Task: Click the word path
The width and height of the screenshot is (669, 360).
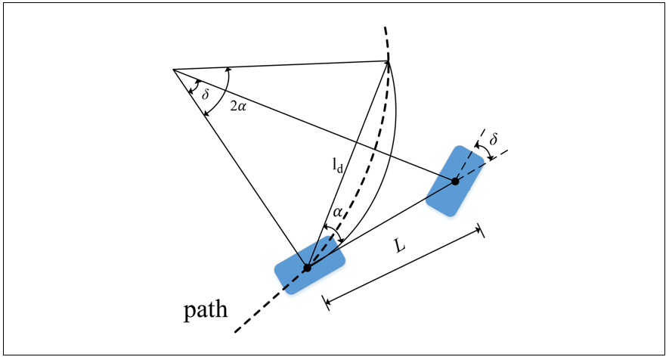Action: tap(206, 309)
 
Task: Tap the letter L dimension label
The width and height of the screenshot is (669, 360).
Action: tap(399, 246)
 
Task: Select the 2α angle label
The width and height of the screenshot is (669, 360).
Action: tap(238, 107)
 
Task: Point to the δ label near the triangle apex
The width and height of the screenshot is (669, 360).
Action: tap(205, 95)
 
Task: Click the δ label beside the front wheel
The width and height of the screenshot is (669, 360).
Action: tap(493, 139)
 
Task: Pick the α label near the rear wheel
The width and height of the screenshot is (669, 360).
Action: tap(337, 213)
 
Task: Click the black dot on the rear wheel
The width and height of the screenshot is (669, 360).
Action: tap(307, 268)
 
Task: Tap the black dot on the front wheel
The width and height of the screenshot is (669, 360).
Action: tap(455, 181)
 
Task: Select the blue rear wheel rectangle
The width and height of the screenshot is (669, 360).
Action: tap(309, 265)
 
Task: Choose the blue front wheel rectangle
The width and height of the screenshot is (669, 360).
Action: tap(455, 181)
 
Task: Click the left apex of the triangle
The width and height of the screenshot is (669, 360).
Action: tap(173, 69)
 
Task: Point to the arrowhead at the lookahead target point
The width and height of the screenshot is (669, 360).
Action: tap(388, 63)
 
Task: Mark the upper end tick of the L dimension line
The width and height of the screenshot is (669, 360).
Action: tap(482, 230)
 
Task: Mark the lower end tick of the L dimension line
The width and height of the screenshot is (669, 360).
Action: tap(326, 303)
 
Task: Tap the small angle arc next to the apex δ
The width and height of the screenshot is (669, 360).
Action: tap(193, 87)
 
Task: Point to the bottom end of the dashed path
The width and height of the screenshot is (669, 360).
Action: tap(235, 332)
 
